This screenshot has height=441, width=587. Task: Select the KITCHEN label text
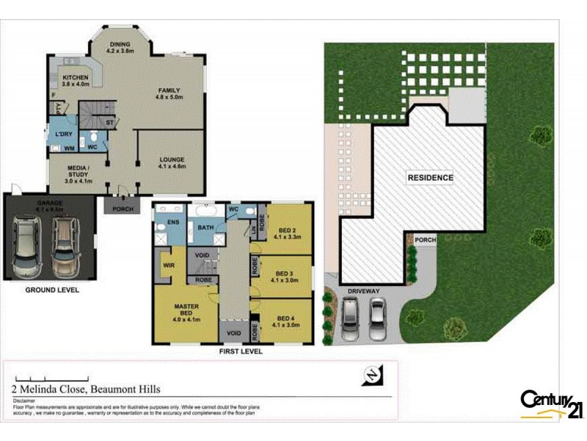(x=76, y=78)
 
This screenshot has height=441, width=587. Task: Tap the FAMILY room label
(x=169, y=91)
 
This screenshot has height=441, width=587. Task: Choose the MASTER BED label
(x=186, y=308)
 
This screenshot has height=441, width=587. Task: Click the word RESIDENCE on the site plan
(x=430, y=178)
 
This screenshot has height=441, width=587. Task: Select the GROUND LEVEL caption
(x=52, y=290)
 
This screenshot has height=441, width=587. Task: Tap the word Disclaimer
(x=25, y=401)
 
